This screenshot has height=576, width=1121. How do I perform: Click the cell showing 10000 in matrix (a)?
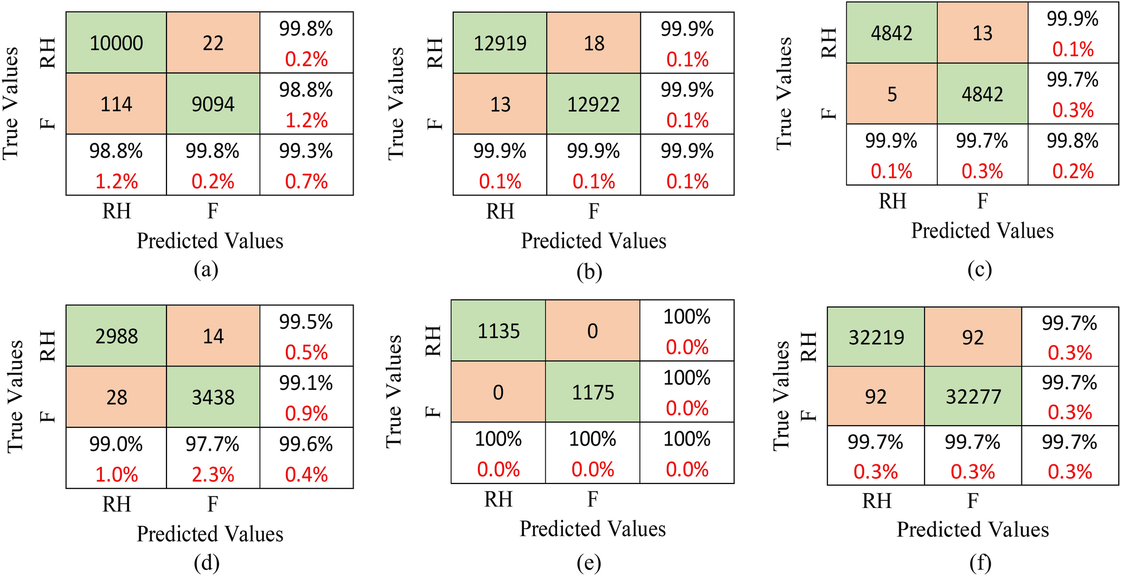point(116,43)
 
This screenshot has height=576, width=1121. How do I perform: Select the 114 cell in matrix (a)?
point(116,104)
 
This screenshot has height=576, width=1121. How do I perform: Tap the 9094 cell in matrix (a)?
point(213,104)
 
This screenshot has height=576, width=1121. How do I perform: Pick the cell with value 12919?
point(500,43)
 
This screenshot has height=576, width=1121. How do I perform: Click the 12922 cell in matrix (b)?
point(594,104)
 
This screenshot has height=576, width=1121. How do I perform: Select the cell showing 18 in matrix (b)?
point(594,43)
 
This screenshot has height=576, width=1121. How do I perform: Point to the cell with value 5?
point(892,94)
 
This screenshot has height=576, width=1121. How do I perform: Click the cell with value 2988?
point(116,336)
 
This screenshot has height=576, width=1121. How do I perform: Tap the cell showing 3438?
point(213,397)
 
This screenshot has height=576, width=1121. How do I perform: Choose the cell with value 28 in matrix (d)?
point(116,397)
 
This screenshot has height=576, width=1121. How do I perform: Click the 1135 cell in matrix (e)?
point(498,331)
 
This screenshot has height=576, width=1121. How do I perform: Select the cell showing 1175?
point(593,392)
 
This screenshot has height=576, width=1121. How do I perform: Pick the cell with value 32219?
point(876,338)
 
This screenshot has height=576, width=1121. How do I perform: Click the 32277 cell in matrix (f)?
point(973,397)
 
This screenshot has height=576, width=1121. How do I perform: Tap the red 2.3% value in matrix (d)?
point(213,475)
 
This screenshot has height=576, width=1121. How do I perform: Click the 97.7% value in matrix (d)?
point(213,445)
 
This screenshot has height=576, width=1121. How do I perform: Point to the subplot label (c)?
point(980,270)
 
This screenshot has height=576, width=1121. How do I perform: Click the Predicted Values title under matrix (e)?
point(593,529)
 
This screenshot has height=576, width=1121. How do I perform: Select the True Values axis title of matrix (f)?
point(781,396)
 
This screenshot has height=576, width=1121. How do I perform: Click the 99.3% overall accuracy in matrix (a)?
point(306,152)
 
